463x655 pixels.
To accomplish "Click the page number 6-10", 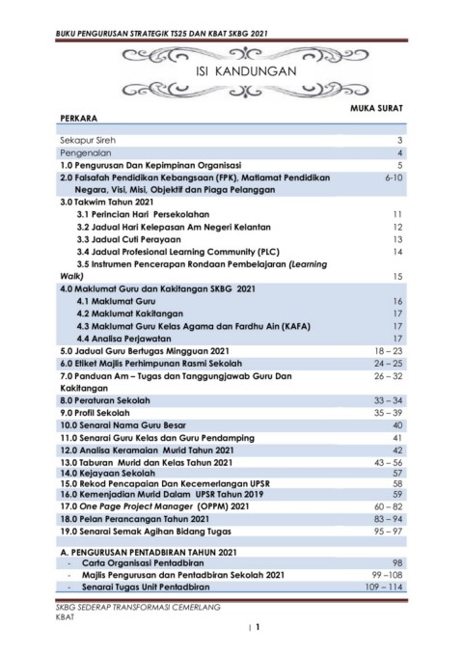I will click(x=392, y=178).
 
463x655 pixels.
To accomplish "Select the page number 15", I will click(x=396, y=276).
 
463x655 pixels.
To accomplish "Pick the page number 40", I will click(x=396, y=424).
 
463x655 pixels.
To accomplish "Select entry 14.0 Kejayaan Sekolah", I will click(x=107, y=474).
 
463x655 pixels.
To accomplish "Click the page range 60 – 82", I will click(x=388, y=505).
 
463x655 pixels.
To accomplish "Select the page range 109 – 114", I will click(x=383, y=587).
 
